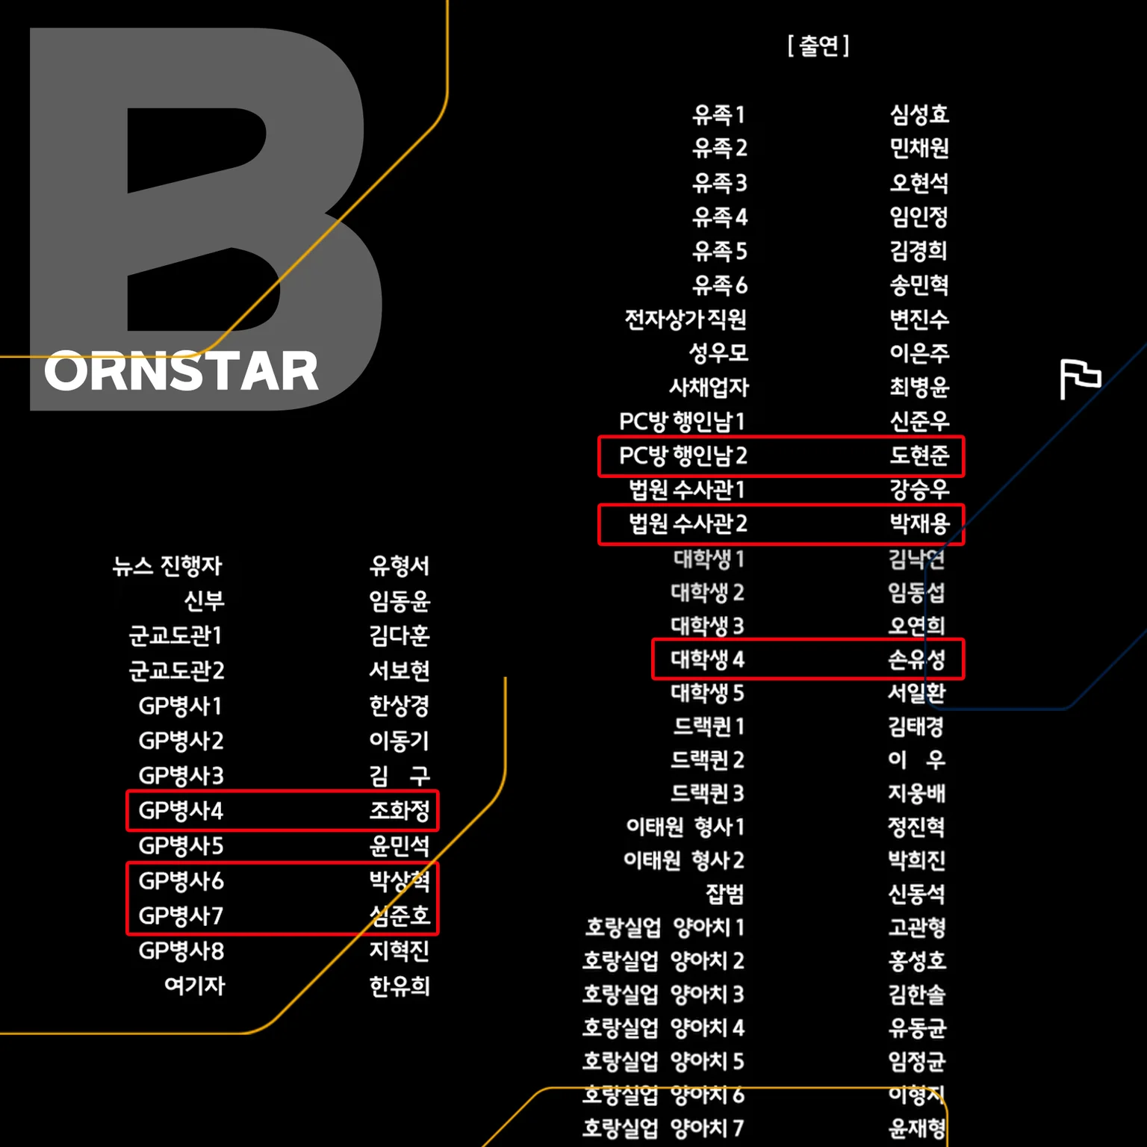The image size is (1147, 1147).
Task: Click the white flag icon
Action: point(1081,379)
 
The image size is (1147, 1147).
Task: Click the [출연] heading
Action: point(818,46)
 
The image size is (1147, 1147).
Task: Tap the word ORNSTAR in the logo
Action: point(181,371)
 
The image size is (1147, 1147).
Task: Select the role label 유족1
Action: point(718,114)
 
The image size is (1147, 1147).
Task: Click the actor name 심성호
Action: point(919,114)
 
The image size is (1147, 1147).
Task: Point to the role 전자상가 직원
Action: point(686,320)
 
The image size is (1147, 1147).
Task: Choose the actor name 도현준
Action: point(919,456)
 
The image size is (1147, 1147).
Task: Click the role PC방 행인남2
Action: point(683,456)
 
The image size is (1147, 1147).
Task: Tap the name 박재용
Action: point(919,523)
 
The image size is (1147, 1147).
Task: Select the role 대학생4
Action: point(707,659)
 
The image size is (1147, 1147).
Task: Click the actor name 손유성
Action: point(917,659)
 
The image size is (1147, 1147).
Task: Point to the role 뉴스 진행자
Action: point(167,566)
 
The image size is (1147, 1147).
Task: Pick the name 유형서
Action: point(400,566)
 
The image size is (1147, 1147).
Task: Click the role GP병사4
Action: point(181,811)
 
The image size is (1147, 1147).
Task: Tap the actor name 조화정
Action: point(400,811)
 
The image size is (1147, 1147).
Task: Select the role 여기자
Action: point(194,986)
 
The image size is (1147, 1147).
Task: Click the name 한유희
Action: point(400,986)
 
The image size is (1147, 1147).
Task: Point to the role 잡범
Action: point(725,894)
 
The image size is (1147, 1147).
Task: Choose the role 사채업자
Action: point(709,388)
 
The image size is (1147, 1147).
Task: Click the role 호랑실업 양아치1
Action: point(665,927)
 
